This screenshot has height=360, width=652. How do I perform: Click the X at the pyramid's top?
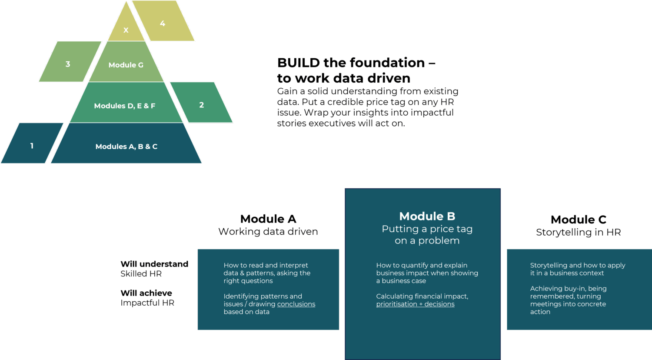(x=126, y=30)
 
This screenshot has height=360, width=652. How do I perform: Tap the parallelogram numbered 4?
(x=163, y=23)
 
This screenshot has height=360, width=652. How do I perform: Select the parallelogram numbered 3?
(x=68, y=64)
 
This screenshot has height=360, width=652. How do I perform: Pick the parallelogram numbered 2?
(x=201, y=105)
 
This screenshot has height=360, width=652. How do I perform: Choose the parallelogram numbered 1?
(x=32, y=146)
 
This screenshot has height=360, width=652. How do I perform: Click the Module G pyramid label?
(x=126, y=65)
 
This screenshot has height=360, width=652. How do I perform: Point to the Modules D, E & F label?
(x=125, y=106)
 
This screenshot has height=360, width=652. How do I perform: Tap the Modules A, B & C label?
(x=126, y=147)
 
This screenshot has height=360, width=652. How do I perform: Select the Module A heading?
(x=268, y=219)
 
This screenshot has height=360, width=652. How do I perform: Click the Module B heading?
(x=427, y=216)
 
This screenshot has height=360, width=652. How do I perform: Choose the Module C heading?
(x=578, y=220)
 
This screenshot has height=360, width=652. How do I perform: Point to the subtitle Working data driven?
(x=268, y=232)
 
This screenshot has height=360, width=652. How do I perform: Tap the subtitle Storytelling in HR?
(x=578, y=232)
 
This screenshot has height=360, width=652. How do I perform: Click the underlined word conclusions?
(x=296, y=304)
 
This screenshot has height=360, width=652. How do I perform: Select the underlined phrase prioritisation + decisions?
(x=415, y=304)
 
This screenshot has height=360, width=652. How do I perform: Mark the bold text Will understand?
(x=154, y=264)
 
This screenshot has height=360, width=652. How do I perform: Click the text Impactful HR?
(x=147, y=303)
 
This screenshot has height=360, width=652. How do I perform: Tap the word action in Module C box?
(x=540, y=312)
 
